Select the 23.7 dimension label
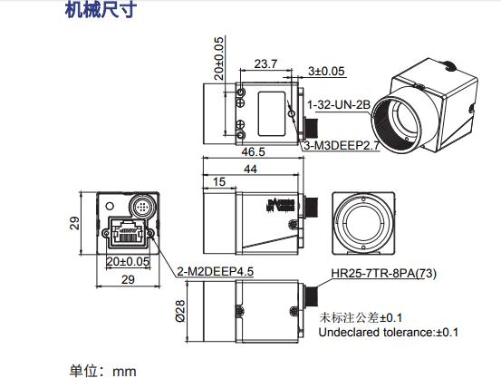coord(265,65)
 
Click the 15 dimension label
coord(219,183)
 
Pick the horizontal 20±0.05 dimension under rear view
coord(127,262)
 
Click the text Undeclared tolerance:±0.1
coord(388,333)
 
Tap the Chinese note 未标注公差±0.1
coord(362,317)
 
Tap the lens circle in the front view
coord(363,223)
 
